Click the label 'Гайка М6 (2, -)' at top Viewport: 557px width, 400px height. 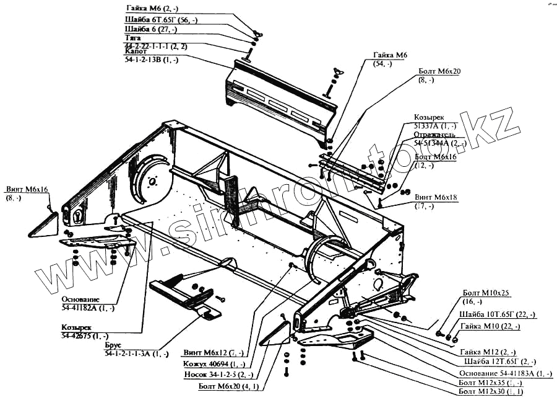(151, 9)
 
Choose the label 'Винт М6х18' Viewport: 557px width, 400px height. (436, 197)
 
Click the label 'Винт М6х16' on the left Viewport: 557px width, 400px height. (27, 189)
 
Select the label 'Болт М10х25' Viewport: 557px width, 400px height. (486, 293)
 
